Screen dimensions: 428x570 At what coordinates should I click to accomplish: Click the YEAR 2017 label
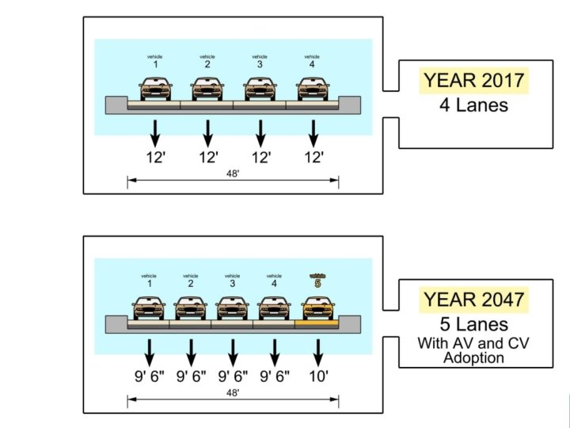click(x=473, y=81)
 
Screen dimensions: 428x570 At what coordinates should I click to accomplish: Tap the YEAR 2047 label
click(x=473, y=300)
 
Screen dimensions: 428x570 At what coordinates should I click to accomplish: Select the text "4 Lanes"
click(x=473, y=105)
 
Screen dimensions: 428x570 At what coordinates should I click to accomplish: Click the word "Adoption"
click(x=473, y=357)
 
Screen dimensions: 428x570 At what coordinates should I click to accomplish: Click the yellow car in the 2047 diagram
click(x=317, y=308)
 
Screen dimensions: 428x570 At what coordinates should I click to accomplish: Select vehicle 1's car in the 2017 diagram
click(x=155, y=88)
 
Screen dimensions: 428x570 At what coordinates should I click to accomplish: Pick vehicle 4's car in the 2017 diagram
click(x=313, y=88)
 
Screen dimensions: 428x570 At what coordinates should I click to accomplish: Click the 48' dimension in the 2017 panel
click(x=233, y=172)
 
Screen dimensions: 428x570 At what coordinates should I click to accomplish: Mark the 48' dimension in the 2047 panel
click(x=233, y=392)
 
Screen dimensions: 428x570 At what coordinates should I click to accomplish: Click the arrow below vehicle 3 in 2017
click(x=260, y=129)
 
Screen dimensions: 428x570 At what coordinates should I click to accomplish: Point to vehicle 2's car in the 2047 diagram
click(x=191, y=308)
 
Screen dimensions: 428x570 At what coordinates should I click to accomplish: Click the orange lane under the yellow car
click(x=317, y=323)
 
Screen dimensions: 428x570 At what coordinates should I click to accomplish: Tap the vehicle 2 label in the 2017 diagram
click(x=207, y=61)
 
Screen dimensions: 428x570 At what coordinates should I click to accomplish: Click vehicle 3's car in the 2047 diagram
click(x=233, y=308)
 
